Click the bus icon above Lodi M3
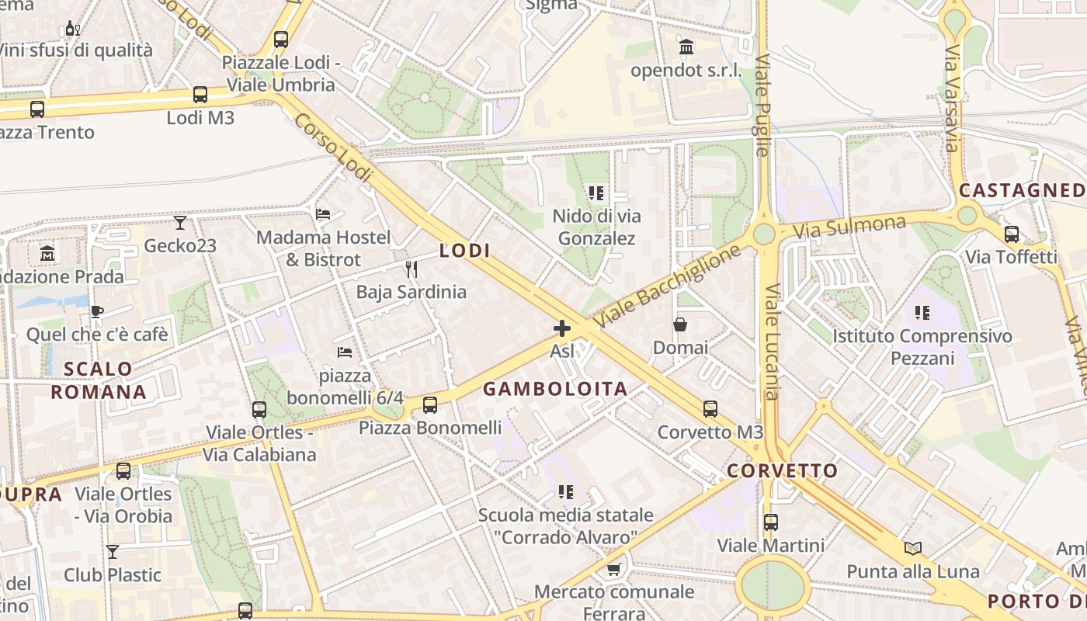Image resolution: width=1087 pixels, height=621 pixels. pyautogui.click(x=200, y=95)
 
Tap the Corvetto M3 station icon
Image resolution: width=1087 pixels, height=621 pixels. pyautogui.click(x=710, y=409)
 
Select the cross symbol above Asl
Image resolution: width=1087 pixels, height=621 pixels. pyautogui.click(x=562, y=328)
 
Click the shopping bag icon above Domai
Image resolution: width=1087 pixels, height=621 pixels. pyautogui.click(x=680, y=324)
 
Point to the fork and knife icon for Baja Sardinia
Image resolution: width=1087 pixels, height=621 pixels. pyautogui.click(x=412, y=269)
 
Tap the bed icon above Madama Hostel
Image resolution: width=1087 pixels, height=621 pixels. pyautogui.click(x=323, y=213)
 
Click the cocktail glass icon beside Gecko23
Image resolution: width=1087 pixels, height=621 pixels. pyautogui.click(x=180, y=223)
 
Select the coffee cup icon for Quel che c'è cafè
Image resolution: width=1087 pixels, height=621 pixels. pyautogui.click(x=97, y=311)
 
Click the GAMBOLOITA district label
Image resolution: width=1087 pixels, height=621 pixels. pyautogui.click(x=555, y=389)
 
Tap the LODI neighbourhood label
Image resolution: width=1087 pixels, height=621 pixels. pyautogui.click(x=465, y=251)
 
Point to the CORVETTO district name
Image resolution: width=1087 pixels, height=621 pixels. pyautogui.click(x=783, y=470)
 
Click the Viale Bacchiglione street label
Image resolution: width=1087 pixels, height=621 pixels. pyautogui.click(x=667, y=286)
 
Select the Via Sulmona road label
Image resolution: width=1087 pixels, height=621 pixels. pyautogui.click(x=849, y=227)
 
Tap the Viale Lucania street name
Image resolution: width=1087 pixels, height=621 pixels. pyautogui.click(x=772, y=342)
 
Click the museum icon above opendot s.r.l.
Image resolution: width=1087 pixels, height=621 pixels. pyautogui.click(x=686, y=47)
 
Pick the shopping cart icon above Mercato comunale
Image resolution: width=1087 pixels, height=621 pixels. pyautogui.click(x=613, y=570)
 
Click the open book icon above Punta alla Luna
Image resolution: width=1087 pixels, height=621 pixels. pyautogui.click(x=913, y=549)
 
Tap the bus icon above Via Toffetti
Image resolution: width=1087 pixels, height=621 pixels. pyautogui.click(x=1011, y=234)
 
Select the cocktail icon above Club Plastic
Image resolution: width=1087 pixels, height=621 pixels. pyautogui.click(x=113, y=552)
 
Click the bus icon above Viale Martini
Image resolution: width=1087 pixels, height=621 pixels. pyautogui.click(x=770, y=522)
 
